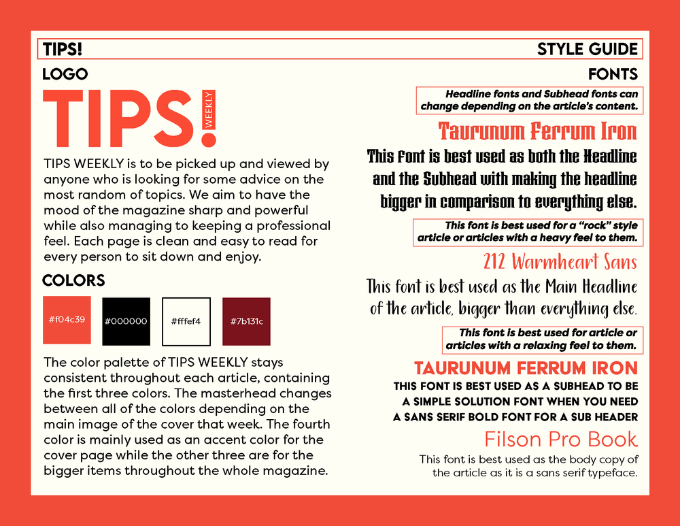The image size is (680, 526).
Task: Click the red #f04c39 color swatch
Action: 67,320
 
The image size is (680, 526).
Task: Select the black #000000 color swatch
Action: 126,321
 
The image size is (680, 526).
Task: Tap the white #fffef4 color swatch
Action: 186,321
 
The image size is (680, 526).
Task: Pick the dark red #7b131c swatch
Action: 246,321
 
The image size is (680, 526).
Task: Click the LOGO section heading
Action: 65,74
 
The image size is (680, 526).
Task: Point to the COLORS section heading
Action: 73,281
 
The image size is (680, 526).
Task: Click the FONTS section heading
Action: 613,74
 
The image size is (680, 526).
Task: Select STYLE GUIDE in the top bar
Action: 588,50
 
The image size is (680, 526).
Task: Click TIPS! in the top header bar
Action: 63,50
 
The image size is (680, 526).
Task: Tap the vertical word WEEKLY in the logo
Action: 209,110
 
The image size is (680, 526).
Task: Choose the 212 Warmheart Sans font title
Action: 560,262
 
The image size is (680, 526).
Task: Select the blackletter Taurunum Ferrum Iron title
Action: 537,131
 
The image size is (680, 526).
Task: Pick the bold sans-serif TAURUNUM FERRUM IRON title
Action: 526,368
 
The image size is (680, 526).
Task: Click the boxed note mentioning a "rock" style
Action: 527,232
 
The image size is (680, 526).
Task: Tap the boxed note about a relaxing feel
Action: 541,339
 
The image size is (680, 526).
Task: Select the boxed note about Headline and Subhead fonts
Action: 528,100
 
